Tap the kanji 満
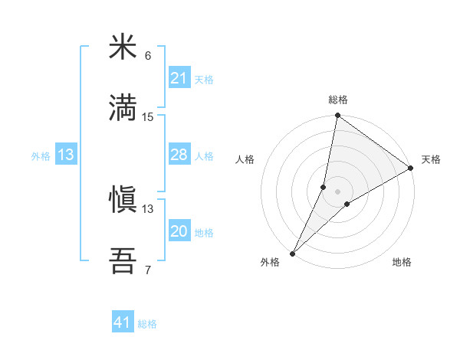[123, 106]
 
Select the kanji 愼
[123, 200]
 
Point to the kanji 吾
[123, 260]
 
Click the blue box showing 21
[179, 77]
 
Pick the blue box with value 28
[179, 155]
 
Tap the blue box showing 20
[179, 231]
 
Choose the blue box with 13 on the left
[66, 155]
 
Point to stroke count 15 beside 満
[148, 117]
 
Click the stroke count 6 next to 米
[148, 57]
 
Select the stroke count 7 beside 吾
[148, 270]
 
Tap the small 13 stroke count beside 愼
[148, 209]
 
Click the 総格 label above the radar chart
[337, 100]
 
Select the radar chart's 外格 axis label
[270, 262]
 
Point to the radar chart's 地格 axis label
[402, 262]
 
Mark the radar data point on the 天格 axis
[411, 168]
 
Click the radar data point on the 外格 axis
[292, 254]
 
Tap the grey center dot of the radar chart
[337, 191]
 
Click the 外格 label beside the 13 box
[41, 155]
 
